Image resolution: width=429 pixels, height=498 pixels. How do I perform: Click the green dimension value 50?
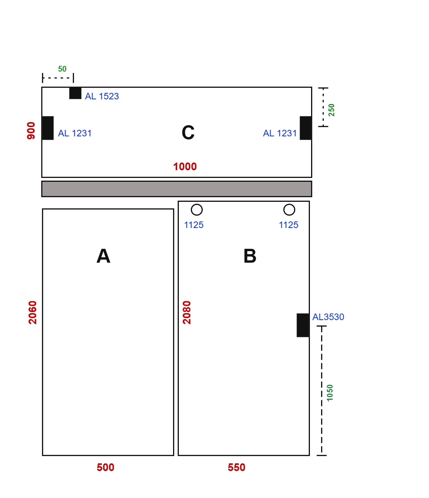coord(62,69)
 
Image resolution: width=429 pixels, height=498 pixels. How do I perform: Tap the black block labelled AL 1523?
coord(75,93)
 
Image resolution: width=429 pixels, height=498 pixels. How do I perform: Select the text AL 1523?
coord(102,96)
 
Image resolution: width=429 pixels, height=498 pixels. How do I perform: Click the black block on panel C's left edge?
coord(48,128)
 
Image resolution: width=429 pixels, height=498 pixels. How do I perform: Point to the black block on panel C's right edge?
coord(306,128)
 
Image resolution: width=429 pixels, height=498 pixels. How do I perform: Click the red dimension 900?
coord(31,131)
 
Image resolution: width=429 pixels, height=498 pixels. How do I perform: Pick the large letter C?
coord(188,132)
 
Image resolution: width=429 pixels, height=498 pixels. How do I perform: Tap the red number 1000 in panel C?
coord(185,166)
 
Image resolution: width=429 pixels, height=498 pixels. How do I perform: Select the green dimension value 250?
coord(331,110)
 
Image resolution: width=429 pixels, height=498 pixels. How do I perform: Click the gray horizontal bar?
coord(177,189)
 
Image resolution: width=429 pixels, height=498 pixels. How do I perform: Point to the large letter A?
coord(103,256)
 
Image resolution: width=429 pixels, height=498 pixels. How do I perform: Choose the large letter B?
coord(250,256)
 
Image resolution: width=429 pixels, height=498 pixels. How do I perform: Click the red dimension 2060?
coord(32,312)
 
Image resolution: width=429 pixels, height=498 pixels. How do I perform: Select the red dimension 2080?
coord(187,312)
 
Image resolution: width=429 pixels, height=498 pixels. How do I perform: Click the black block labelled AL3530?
coord(303,325)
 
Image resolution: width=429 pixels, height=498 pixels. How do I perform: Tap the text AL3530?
coord(328,317)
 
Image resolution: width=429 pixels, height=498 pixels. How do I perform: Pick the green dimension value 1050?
coord(330,393)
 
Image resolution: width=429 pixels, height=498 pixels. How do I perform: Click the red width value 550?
coord(236,468)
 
